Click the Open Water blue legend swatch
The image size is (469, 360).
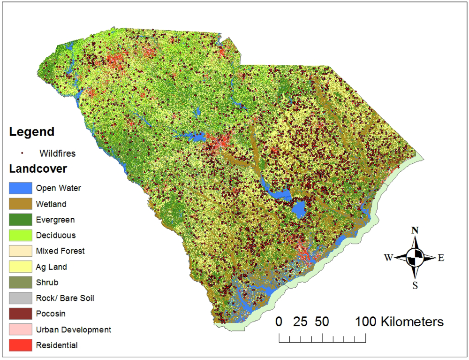(x=20, y=188)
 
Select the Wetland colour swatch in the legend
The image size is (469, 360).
(x=20, y=204)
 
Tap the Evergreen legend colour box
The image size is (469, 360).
(x=20, y=220)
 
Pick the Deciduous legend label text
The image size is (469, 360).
(x=55, y=235)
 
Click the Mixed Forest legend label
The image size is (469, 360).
(x=60, y=251)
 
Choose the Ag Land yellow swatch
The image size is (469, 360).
(x=20, y=267)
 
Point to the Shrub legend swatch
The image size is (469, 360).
(x=20, y=283)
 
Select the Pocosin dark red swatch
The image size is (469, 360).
(x=20, y=314)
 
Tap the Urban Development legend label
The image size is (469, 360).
(x=73, y=329)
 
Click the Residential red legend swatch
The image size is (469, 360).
(x=20, y=345)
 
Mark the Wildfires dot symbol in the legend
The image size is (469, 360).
(x=22, y=153)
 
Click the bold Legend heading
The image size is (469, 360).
(x=31, y=132)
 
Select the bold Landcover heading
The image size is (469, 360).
(x=38, y=168)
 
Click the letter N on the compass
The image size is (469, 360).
(x=415, y=230)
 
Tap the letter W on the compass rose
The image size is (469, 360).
(x=388, y=257)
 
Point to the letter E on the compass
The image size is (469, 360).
(x=441, y=257)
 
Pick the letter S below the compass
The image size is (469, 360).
(x=415, y=285)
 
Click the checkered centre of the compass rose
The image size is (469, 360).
(x=415, y=257)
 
